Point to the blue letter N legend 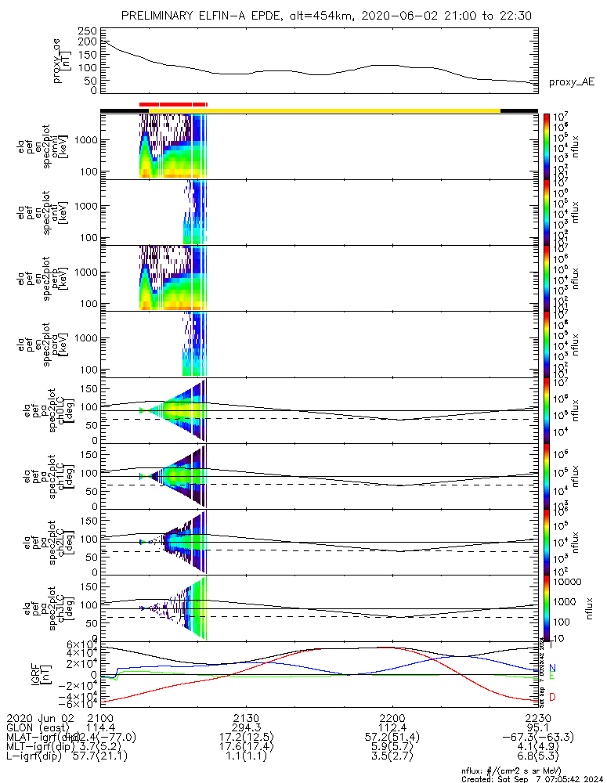coord(553,668)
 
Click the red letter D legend coord(553,697)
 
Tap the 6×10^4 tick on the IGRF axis coord(80,644)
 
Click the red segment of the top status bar coord(172,103)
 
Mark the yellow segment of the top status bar coord(352,110)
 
